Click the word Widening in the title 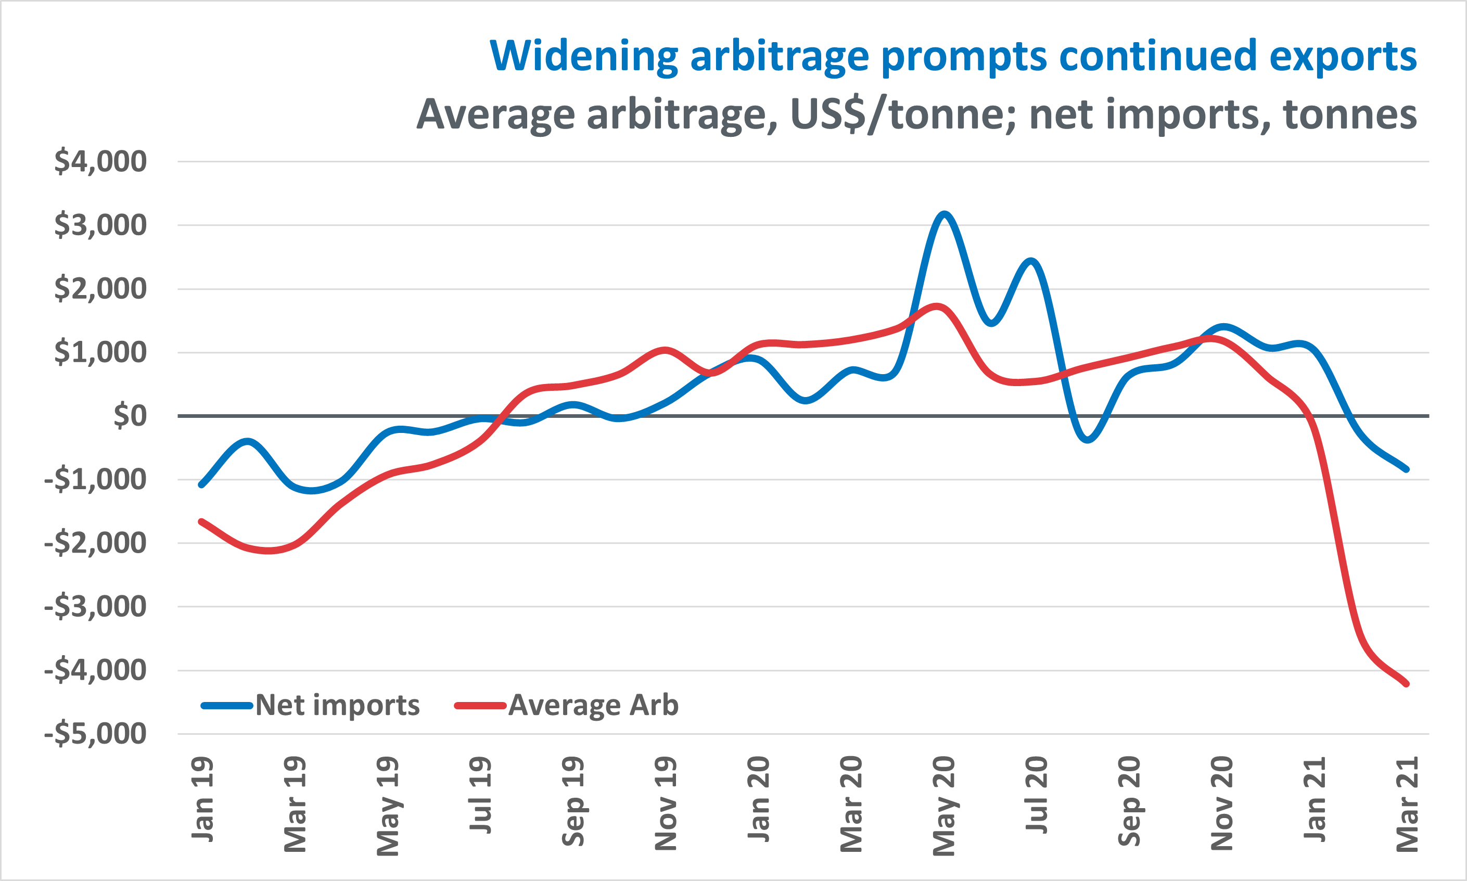pos(583,56)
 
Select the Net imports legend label pos(337,705)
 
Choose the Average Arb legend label pos(593,705)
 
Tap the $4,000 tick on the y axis pos(100,161)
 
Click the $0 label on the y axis pos(130,416)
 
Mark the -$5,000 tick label pos(95,734)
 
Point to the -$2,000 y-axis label pos(95,543)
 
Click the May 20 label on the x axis pos(944,806)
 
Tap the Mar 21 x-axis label pos(1407,804)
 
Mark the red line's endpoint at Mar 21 pos(1407,684)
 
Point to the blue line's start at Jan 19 pos(201,484)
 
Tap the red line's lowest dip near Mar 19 pos(270,551)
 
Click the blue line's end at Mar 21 pos(1407,469)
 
